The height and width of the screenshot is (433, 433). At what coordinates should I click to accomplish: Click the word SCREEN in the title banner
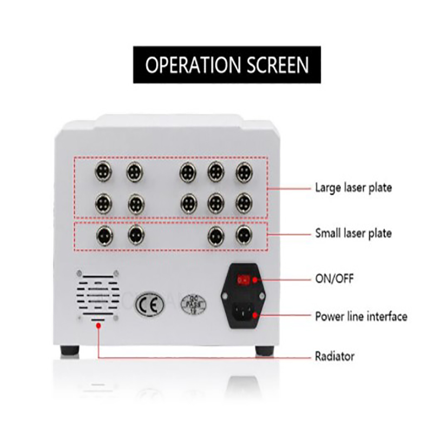(274, 65)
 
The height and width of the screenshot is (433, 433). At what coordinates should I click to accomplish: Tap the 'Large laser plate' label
(353, 188)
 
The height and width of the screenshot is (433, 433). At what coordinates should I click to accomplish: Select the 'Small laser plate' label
(353, 234)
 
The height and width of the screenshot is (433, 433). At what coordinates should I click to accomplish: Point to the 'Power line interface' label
(361, 316)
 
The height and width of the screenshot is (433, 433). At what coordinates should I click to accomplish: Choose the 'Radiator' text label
(334, 356)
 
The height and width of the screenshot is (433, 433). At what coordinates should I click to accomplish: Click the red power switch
(245, 280)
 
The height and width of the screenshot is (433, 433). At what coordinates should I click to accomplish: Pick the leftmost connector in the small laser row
(103, 234)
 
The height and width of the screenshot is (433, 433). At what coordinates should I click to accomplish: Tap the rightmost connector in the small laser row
(244, 234)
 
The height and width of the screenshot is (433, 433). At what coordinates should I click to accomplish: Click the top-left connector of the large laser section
(103, 172)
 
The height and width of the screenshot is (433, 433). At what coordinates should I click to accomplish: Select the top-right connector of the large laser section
(244, 172)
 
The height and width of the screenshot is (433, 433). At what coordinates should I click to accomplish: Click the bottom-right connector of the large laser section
(244, 203)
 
